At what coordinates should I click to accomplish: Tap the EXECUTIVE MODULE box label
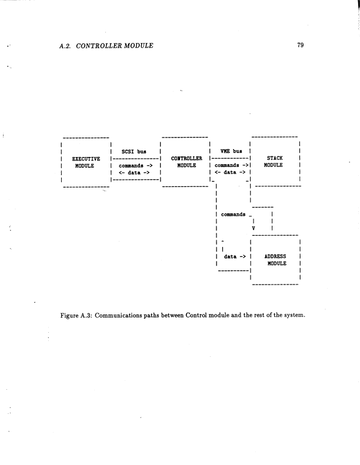pos(85,162)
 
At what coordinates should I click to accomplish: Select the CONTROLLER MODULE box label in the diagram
pos(186,162)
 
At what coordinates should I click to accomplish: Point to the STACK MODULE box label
pos(275,162)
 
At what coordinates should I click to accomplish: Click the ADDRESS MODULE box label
pos(275,260)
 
